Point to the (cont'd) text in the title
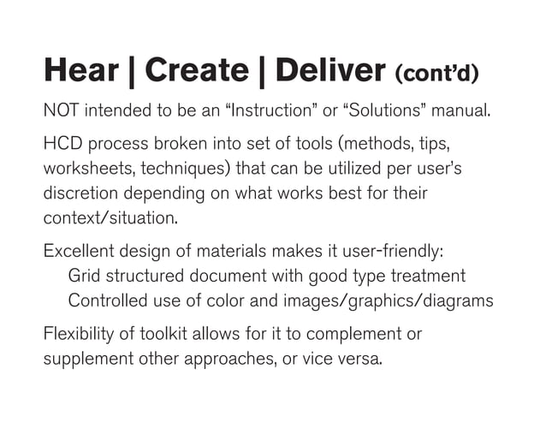click(436, 74)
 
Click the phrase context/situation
click(110, 217)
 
